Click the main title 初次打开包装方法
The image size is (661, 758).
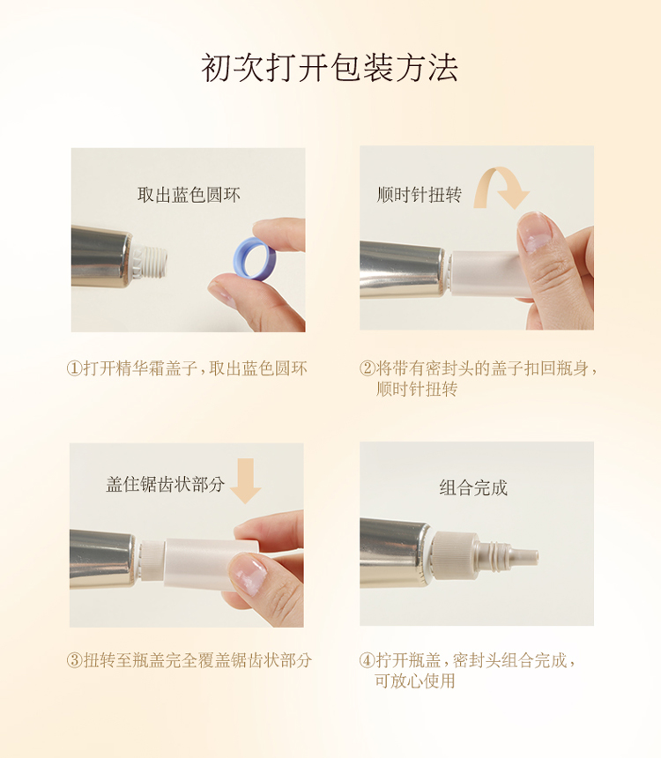pos(330,68)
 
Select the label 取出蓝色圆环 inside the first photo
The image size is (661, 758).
pos(189,195)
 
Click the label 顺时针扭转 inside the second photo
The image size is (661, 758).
pos(420,194)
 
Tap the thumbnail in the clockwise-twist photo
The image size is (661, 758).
pos(536,232)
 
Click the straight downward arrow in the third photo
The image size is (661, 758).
pos(246,480)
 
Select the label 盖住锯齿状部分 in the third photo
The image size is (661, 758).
pos(166,484)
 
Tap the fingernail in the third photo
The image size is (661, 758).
pos(249,575)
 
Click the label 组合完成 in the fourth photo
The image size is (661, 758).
pos(473,487)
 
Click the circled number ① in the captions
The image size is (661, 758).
pos(74,368)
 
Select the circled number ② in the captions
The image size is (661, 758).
pos(368,368)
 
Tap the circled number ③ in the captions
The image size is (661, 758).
pos(74,660)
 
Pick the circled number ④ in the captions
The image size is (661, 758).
pos(368,660)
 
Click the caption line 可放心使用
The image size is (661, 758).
pos(415,681)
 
